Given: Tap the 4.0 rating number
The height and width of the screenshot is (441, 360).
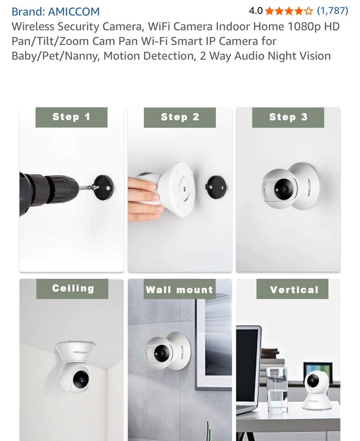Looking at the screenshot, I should click(x=255, y=11).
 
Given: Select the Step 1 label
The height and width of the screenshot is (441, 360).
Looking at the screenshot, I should click(x=71, y=117).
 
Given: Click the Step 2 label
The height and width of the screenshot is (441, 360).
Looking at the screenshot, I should click(x=180, y=117).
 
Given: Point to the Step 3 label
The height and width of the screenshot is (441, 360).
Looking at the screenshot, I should click(x=288, y=117).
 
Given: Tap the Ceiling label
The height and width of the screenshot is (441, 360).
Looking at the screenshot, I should click(x=73, y=288).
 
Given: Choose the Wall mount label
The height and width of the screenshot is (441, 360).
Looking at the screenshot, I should click(x=179, y=290).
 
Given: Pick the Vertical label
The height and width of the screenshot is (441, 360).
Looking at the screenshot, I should click(x=294, y=290).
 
